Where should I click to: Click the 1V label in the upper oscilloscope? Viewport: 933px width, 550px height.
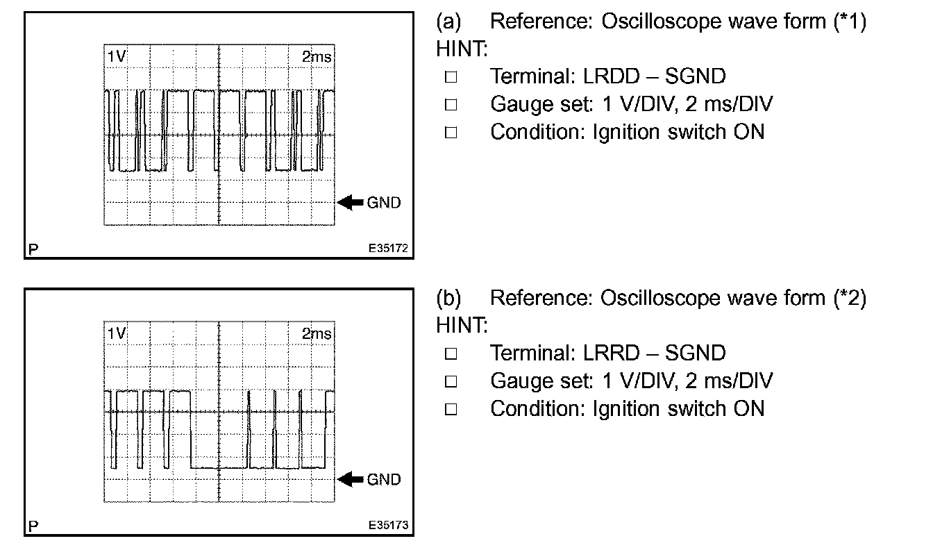coord(116,58)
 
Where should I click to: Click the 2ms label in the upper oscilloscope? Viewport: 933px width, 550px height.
coord(317,58)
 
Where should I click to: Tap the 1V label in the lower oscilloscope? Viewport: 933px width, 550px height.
coord(116,334)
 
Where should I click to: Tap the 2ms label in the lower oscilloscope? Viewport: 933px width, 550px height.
coord(317,334)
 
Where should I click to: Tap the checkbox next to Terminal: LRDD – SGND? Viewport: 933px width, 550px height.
coord(451,78)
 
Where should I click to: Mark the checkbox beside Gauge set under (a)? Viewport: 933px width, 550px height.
coord(451,106)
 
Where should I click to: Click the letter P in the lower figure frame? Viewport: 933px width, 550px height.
coord(33,526)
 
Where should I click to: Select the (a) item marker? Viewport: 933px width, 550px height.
coord(448,22)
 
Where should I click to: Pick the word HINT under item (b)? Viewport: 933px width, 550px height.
coord(462,325)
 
